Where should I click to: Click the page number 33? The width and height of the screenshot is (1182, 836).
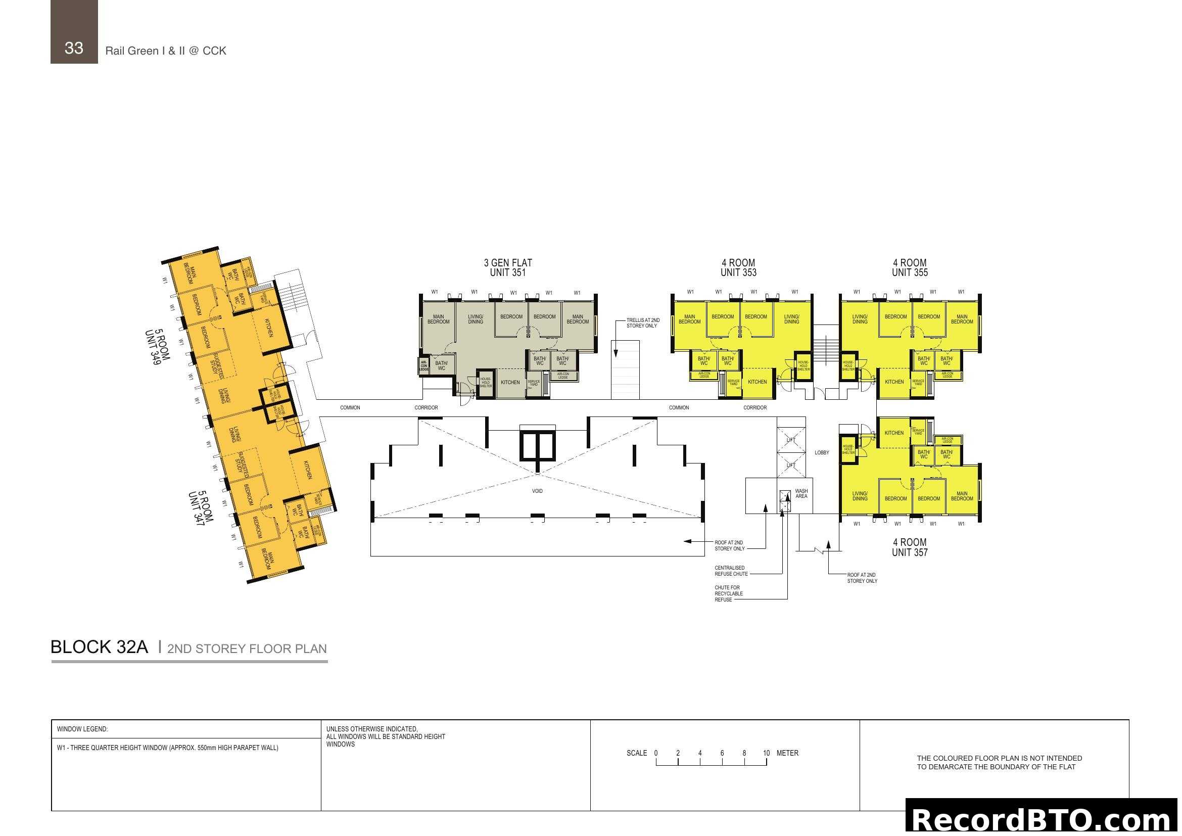[x=74, y=48]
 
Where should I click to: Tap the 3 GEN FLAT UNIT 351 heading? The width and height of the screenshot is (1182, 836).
[x=507, y=268]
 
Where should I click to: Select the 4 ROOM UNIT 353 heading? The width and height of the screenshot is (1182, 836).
[x=738, y=268]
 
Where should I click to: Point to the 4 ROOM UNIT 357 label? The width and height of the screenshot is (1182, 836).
[x=910, y=547]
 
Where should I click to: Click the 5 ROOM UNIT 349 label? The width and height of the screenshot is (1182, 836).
[x=158, y=347]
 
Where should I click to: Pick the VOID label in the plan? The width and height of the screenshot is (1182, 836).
[x=537, y=491]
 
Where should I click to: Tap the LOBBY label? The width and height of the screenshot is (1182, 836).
[x=822, y=453]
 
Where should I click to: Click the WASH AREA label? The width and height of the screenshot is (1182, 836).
[x=801, y=494]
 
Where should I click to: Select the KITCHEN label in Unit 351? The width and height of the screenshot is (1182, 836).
[x=510, y=383]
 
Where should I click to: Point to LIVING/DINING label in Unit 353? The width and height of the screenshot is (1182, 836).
[x=792, y=319]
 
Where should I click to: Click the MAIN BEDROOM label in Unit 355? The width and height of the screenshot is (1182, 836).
[x=962, y=319]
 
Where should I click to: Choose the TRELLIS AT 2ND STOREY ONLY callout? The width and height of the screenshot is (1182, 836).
[x=642, y=323]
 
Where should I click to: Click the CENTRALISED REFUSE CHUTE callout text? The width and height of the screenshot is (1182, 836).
[x=731, y=571]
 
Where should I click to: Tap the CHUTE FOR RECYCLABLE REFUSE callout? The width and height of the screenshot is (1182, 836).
[x=729, y=593]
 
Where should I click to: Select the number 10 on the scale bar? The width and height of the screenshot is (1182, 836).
[x=766, y=753]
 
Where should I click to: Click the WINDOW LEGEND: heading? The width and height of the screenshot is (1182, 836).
[x=82, y=729]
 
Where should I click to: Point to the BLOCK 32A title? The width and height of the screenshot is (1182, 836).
[x=100, y=647]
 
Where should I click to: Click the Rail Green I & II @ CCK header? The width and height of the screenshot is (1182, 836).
[x=166, y=51]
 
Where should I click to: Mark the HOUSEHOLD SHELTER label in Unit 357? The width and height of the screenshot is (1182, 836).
[x=848, y=449]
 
